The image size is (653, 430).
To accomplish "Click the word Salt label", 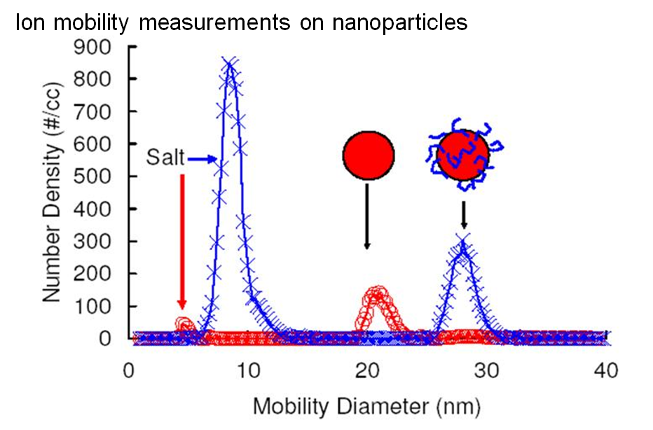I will [x=166, y=158].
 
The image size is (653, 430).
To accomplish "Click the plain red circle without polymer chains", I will [x=369, y=155].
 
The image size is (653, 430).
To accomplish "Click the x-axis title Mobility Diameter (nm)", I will [x=367, y=406].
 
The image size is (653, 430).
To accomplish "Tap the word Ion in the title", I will [x=30, y=23].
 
